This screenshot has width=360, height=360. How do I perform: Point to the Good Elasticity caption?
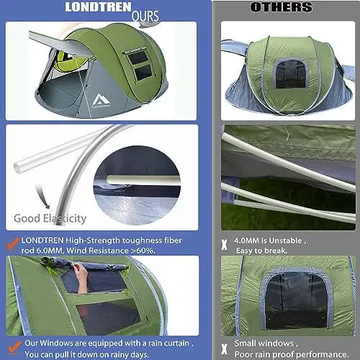click(51, 217)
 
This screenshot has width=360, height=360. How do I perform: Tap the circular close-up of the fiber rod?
click(141, 179)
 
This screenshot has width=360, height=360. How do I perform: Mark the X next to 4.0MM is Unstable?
click(225, 243)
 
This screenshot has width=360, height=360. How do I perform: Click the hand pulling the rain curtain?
click(80, 275)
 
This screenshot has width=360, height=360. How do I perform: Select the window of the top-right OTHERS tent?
click(291, 78)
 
